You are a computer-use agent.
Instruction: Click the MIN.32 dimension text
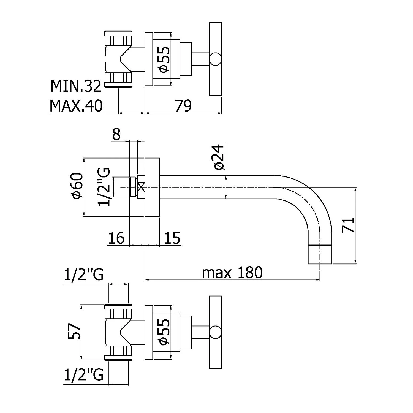76,86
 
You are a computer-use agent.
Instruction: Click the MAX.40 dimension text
76,105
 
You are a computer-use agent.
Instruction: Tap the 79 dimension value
183,105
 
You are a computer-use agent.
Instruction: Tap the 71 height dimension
348,225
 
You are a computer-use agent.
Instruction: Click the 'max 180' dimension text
232,273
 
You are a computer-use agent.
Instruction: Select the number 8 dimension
116,135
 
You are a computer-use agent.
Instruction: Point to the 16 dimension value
116,238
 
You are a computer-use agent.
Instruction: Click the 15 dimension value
172,238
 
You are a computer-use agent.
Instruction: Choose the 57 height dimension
74,332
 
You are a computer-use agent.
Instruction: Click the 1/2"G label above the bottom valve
84,275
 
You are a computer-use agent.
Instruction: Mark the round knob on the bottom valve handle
215,332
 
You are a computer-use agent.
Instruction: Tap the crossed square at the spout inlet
141,187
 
